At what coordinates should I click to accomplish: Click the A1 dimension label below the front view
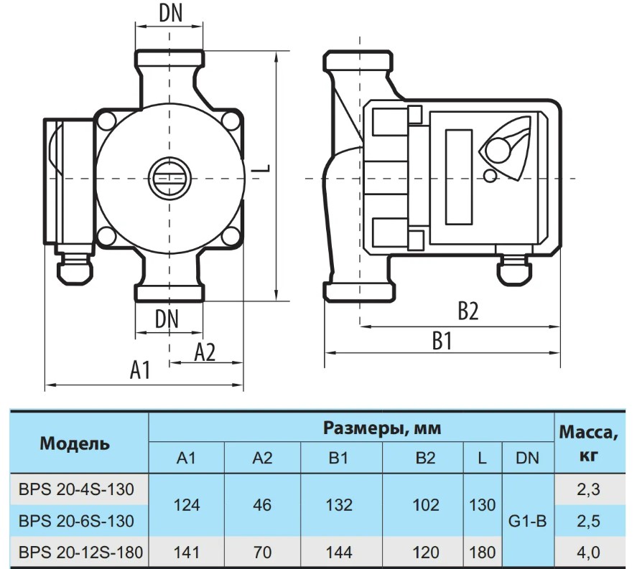point(140,370)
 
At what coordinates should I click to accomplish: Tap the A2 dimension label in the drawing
point(205,352)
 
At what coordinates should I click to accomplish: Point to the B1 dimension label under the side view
point(442,341)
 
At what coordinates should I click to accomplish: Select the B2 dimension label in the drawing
point(468,311)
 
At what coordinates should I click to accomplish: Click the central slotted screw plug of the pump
point(169,178)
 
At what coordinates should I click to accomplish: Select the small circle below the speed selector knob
point(490,175)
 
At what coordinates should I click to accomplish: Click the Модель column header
point(75,443)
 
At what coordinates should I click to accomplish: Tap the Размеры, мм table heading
point(382,428)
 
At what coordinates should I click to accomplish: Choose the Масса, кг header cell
point(589,443)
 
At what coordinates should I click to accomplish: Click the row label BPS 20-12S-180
point(81,552)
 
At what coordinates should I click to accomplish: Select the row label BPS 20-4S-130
point(76,489)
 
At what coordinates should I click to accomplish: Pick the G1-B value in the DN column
point(527,521)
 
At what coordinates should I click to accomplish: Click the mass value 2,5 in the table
point(588,521)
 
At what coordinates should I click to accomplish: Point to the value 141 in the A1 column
point(187,552)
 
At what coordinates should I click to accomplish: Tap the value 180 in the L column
point(482,552)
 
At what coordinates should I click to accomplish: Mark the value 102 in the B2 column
point(425,505)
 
